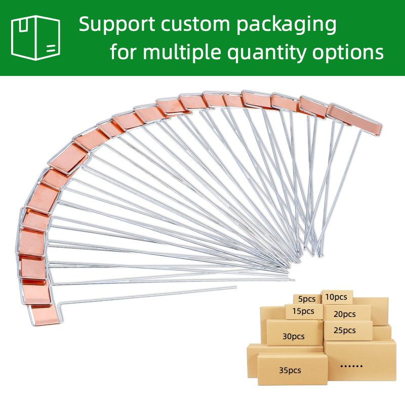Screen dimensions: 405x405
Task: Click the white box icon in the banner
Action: pyautogui.click(x=35, y=37)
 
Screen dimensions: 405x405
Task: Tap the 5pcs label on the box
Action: pyautogui.click(x=307, y=299)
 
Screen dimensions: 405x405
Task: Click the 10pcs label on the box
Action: pyautogui.click(x=337, y=297)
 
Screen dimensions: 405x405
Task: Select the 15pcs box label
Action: pyautogui.click(x=303, y=311)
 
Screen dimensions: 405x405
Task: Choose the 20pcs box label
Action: pyautogui.click(x=345, y=314)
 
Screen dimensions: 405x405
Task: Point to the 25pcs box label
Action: pyautogui.click(x=345, y=331)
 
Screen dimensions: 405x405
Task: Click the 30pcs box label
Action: pyautogui.click(x=294, y=336)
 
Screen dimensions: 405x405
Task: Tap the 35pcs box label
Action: pyautogui.click(x=290, y=370)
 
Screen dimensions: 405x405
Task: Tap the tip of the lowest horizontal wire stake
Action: pyautogui.click(x=236, y=287)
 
